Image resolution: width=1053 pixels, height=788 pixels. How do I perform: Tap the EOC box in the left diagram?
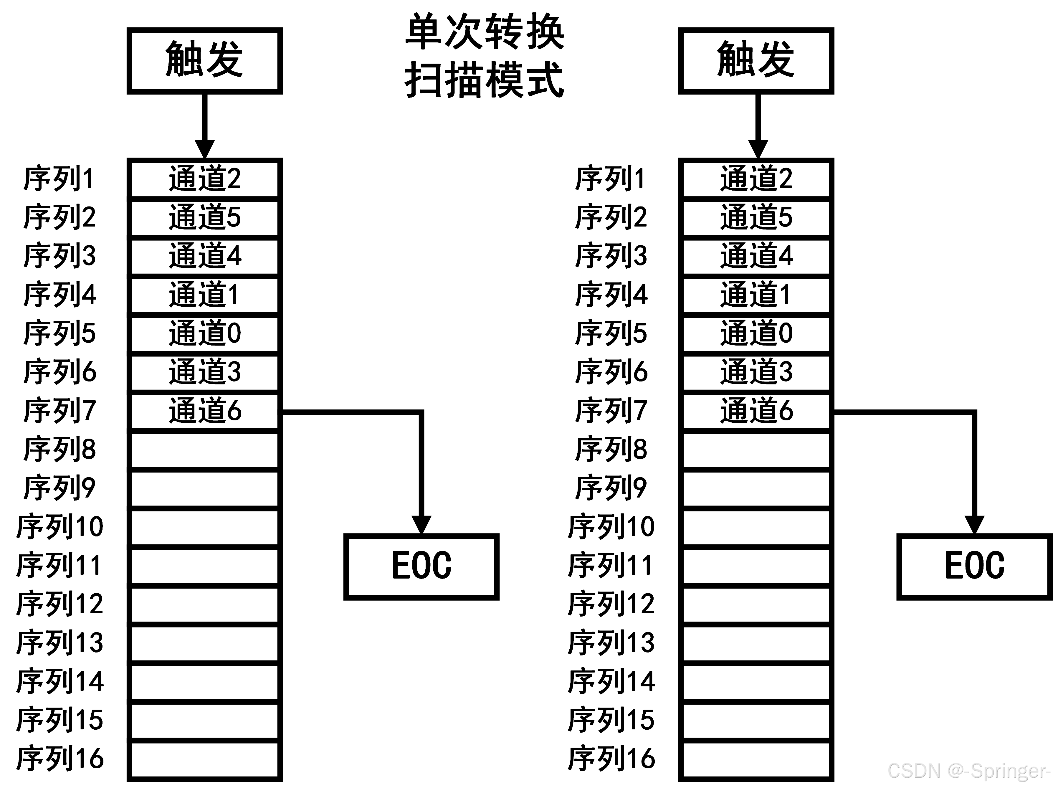[421, 566]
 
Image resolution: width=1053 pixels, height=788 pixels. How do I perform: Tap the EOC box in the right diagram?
[974, 566]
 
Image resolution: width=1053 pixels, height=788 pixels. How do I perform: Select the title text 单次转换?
[484, 32]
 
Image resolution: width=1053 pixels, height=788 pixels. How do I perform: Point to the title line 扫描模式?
[484, 80]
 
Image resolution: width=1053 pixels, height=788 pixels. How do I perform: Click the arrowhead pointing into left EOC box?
[421, 525]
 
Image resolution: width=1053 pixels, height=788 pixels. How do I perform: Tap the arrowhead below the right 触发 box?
[757, 148]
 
